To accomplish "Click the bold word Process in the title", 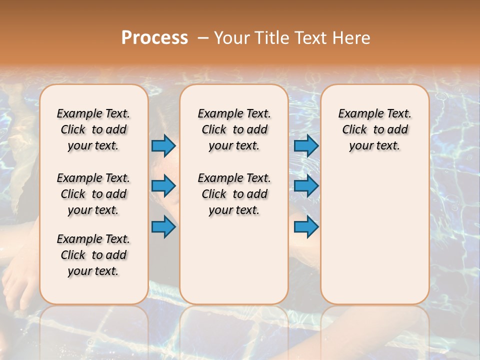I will pos(154,37).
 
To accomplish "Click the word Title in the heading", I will pos(272,37).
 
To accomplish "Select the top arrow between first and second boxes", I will pos(163,146).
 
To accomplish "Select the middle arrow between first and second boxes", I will pos(163,186).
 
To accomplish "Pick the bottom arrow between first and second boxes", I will pos(163,227).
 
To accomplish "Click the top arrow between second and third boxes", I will pos(306,146).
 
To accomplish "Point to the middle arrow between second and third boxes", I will pos(306,186).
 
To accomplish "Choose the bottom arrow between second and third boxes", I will pos(306,227).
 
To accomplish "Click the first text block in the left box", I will pos(93,129).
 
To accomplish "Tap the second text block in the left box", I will pos(93,194).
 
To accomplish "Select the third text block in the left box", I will pos(93,255).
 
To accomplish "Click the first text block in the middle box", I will pos(234,129).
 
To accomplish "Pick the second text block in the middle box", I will pos(234,194).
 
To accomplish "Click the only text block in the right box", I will pos(375,129).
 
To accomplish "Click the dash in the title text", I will pos(203,38).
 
